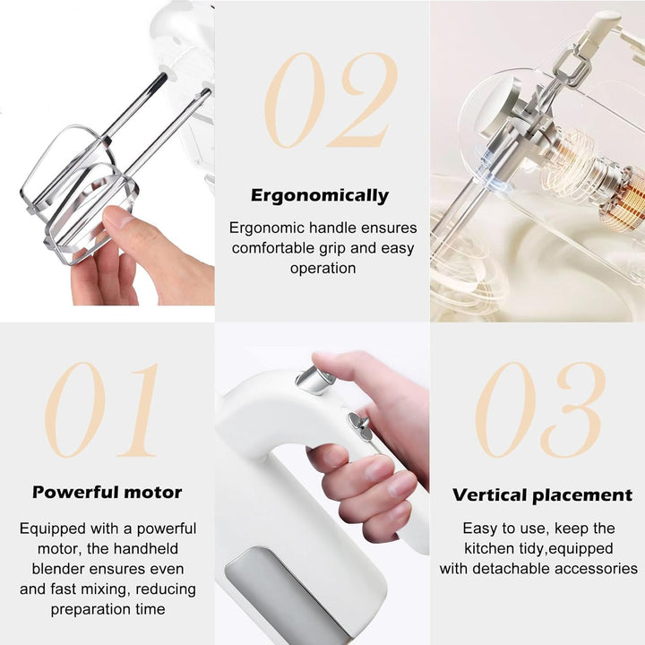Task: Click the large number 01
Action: point(101,409)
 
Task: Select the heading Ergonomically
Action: point(320,195)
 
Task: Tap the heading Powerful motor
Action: point(107,492)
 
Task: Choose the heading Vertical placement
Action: point(542,494)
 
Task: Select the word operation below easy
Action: point(322,268)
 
